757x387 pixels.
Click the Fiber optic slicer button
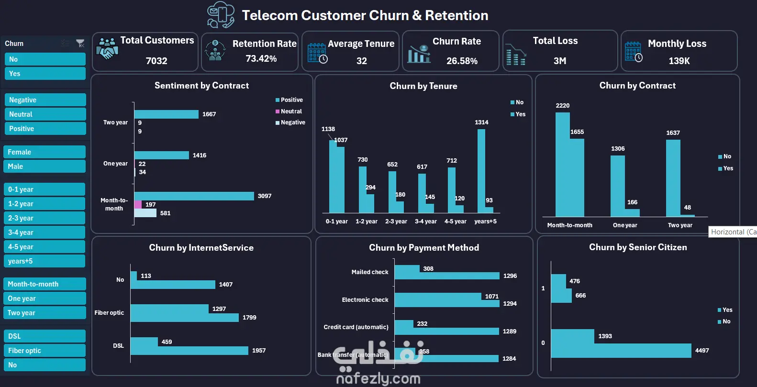(x=44, y=351)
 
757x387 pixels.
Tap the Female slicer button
(x=44, y=152)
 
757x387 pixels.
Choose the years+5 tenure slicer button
(x=44, y=261)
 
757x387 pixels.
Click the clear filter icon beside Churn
(x=80, y=44)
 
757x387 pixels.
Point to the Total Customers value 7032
(x=156, y=61)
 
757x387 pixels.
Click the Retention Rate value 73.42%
(x=261, y=58)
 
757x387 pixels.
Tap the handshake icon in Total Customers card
(x=107, y=48)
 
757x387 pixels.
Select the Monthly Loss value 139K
(x=679, y=61)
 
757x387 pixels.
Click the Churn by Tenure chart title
(x=423, y=86)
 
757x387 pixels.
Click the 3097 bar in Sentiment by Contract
(x=194, y=196)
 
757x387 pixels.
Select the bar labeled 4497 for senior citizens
(x=621, y=351)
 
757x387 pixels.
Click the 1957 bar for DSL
(x=189, y=351)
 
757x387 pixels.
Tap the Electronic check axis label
(x=365, y=300)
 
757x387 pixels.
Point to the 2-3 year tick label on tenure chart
(x=396, y=221)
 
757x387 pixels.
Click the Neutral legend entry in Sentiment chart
(x=291, y=111)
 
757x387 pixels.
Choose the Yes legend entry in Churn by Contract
(x=728, y=168)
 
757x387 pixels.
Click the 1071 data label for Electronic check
(x=491, y=297)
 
